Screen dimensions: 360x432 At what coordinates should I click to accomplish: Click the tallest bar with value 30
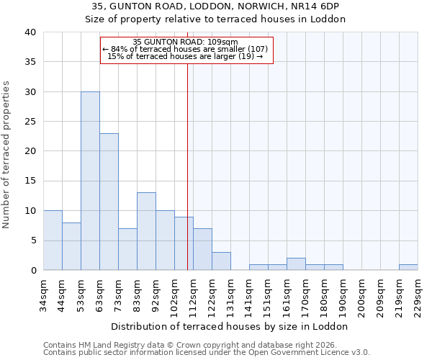tap(90, 181)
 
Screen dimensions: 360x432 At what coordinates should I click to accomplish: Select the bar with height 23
tap(109, 202)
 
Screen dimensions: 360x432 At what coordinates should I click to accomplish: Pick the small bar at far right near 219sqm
tap(408, 267)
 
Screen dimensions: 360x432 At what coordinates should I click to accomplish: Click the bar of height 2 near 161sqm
tap(296, 264)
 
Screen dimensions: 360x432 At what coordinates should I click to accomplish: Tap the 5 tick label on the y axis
tap(33, 240)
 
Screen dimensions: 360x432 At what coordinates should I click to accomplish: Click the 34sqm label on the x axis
tap(44, 294)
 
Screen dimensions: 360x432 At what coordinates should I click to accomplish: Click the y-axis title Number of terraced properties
tap(7, 154)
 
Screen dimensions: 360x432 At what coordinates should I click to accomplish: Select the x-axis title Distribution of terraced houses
tap(230, 326)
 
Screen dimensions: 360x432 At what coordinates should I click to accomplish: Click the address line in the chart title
tap(215, 6)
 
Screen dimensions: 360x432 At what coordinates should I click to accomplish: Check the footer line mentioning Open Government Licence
tap(207, 352)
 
